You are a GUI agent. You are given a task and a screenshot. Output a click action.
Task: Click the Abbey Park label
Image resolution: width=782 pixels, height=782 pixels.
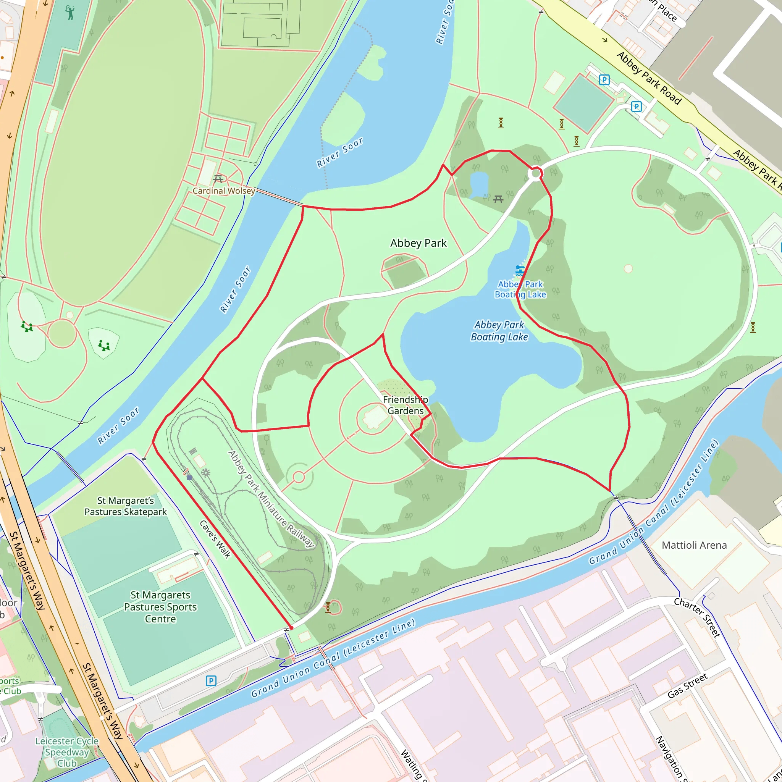pos(418,243)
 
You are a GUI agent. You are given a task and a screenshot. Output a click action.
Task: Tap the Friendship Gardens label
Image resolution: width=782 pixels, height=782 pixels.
pos(405,405)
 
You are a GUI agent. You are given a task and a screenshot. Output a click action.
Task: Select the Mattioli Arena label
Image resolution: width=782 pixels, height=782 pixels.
pos(694,545)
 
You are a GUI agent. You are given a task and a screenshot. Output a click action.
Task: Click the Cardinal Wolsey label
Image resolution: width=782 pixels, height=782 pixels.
pos(223,191)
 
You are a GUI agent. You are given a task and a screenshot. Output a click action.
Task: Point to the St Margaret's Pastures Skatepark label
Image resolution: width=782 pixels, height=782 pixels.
pos(126,506)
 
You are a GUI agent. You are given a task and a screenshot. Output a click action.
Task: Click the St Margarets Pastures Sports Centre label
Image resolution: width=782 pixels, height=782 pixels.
pos(160,607)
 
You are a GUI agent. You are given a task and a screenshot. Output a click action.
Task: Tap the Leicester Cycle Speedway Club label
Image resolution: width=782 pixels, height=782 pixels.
pos(67,752)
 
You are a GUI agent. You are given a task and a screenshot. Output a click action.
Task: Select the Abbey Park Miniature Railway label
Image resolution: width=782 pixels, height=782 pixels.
pos(271,499)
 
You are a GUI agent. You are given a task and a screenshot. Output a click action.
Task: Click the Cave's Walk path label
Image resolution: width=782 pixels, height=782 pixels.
pos(215,540)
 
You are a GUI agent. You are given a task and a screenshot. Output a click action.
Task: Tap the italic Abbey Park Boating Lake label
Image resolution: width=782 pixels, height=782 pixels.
pos(499,331)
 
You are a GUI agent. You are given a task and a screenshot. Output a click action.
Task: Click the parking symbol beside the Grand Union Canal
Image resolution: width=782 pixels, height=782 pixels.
pos(211,681)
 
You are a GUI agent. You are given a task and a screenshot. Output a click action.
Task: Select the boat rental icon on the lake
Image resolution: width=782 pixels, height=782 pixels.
pos(520,270)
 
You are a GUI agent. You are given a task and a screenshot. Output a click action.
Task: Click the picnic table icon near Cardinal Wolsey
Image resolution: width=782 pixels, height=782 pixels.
pos(218,178)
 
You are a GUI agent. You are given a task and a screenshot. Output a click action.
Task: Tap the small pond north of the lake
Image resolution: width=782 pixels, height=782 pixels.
pos(479,184)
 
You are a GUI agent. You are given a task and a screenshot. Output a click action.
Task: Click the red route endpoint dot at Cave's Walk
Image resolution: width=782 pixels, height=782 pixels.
pos(291,628)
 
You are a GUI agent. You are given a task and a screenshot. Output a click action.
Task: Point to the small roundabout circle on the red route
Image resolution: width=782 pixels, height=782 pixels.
pos(535,174)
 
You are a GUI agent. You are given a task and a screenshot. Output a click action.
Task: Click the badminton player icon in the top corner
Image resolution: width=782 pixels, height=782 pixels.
pos(70,13)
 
